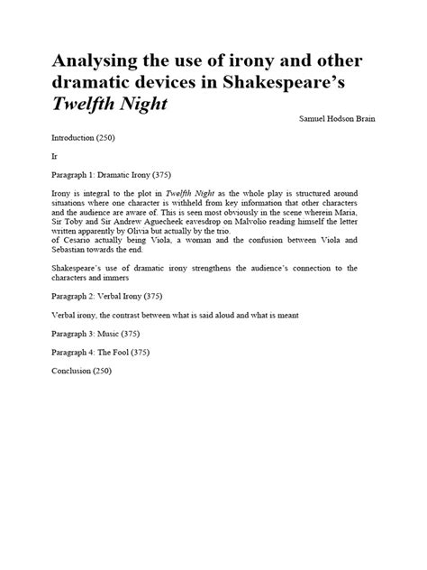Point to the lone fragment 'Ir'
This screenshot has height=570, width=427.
57,155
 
